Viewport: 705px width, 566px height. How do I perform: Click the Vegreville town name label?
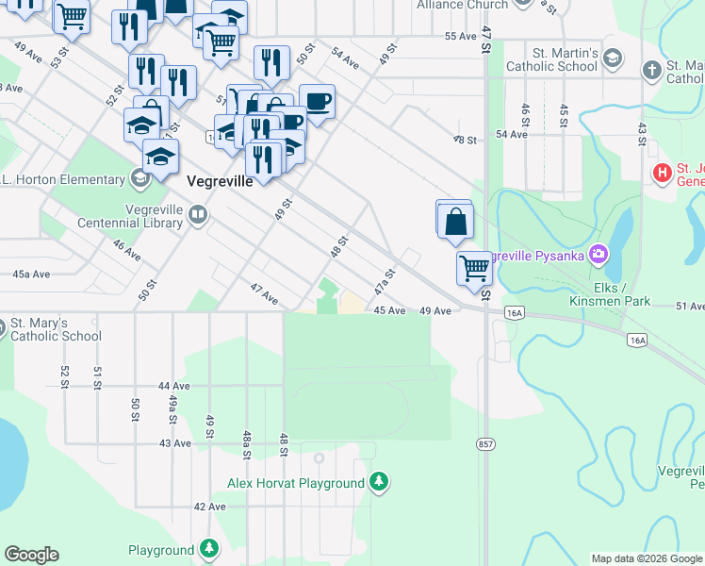[220, 182]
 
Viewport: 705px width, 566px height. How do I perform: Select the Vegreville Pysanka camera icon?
[597, 255]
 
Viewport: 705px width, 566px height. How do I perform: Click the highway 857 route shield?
[485, 443]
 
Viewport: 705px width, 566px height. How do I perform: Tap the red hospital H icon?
[664, 174]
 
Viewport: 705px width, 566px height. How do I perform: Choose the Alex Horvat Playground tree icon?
[378, 483]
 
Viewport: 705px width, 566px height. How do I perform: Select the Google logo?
[31, 555]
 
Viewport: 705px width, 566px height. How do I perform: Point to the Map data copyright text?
[646, 558]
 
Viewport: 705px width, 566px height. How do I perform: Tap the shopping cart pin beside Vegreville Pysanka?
[474, 267]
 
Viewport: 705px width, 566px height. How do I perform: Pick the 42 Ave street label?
[209, 507]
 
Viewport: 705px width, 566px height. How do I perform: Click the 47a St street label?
[383, 280]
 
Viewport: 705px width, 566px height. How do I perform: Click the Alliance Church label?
[462, 5]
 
